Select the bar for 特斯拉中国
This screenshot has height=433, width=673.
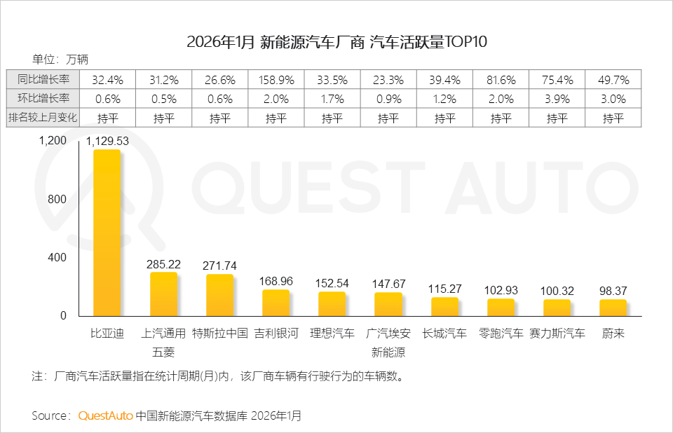(219, 295)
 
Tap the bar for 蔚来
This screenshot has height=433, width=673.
(613, 308)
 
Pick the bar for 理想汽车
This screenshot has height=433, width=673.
(332, 303)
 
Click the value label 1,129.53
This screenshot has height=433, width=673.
(107, 141)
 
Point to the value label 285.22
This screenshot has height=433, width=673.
(163, 264)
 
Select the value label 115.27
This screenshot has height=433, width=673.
(444, 289)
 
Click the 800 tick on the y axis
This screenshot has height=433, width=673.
(57, 199)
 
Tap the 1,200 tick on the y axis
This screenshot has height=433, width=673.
(53, 141)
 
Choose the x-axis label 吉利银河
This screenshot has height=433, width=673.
(276, 334)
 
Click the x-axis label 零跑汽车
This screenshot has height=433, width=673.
(501, 334)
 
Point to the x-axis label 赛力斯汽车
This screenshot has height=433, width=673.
(557, 334)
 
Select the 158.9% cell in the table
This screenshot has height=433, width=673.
(276, 79)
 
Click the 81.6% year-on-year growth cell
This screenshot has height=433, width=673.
(501, 79)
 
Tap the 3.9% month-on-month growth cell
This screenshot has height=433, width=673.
(557, 99)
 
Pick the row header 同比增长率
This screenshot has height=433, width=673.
(43, 79)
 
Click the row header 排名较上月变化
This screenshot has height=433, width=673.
(43, 117)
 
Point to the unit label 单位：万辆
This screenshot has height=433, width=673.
(60, 59)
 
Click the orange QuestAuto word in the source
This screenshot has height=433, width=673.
(105, 415)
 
